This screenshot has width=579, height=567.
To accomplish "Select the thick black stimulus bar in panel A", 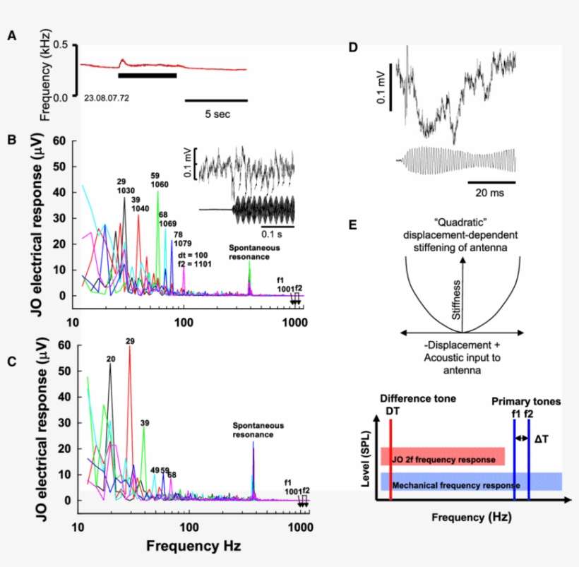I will pyautogui.click(x=147, y=75).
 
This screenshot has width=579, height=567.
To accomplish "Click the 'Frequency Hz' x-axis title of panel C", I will pyautogui.click(x=189, y=546).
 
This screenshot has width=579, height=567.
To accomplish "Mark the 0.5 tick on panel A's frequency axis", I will pyautogui.click(x=66, y=45).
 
